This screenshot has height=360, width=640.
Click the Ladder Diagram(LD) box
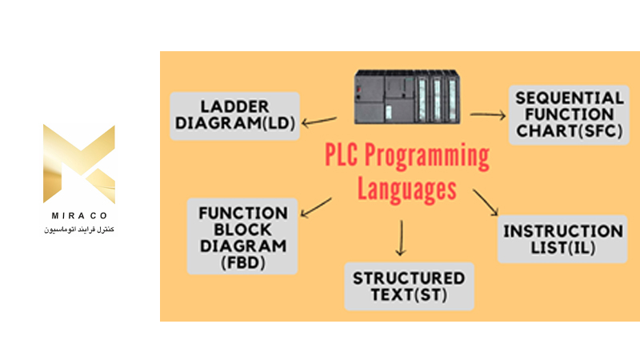click(235, 115)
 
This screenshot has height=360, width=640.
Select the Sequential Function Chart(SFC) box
click(570, 114)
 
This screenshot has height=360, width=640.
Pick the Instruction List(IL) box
click(562, 239)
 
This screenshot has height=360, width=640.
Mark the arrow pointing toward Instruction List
click(485, 202)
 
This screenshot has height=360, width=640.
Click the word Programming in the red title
click(431, 157)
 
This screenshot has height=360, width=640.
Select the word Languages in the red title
click(406, 190)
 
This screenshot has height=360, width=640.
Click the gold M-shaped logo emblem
click(78, 163)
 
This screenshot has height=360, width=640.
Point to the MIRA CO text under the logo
click(78, 218)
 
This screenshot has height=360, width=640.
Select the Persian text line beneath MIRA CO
click(78, 230)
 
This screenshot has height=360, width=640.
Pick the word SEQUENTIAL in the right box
click(570, 98)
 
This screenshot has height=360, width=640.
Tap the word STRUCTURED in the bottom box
click(409, 278)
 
